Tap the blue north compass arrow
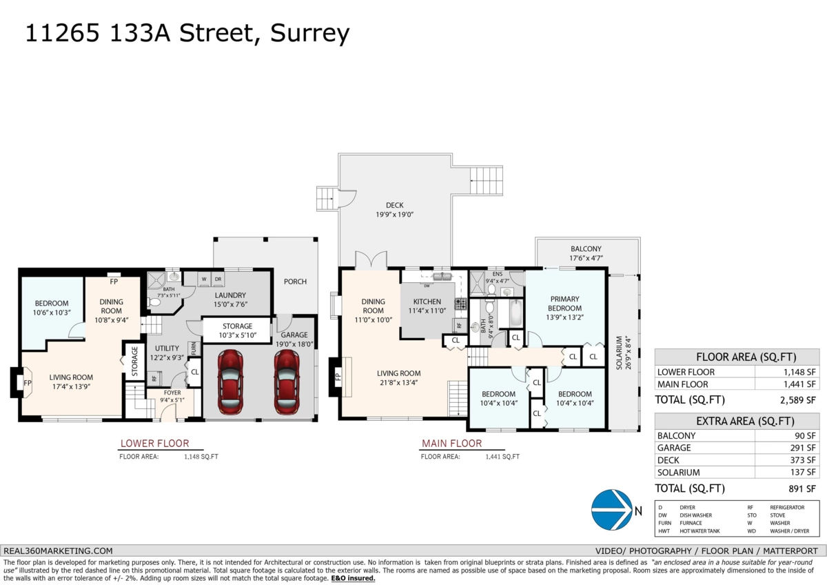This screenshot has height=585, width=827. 612,510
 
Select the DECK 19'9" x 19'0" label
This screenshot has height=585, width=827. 394,210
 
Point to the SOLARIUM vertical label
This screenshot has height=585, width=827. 620,353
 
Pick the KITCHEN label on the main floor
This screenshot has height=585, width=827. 427,306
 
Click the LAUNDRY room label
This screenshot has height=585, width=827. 230,299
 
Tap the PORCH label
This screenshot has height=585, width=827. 295,281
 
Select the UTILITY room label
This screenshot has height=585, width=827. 167,353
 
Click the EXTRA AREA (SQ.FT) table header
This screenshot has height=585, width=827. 737,421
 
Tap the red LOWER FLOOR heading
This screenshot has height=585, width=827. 154,444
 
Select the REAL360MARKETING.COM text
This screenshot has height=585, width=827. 58,551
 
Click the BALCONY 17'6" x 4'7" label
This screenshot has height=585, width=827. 586,253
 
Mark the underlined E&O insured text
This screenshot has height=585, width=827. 353,578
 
